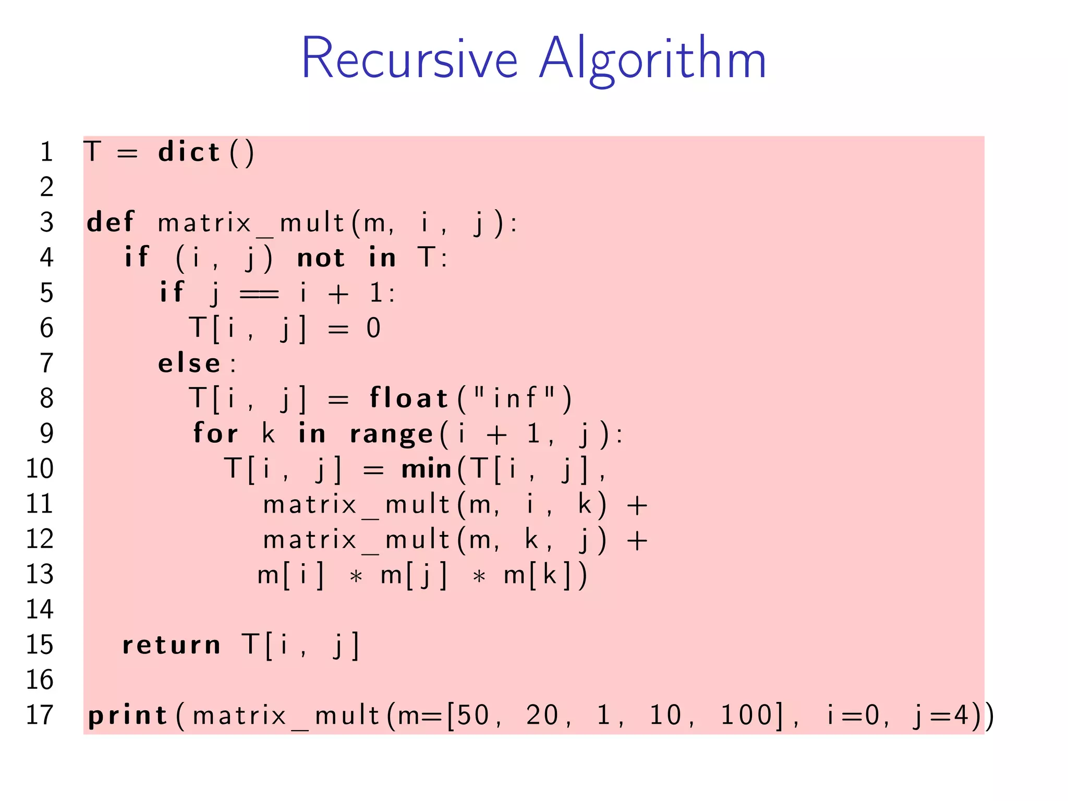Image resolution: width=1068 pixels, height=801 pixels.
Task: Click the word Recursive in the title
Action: [x=409, y=58]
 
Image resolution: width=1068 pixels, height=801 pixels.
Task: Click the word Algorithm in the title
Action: [x=652, y=60]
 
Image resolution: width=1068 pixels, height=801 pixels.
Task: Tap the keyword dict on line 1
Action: [x=189, y=152]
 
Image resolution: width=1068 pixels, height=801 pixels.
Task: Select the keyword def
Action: [x=111, y=222]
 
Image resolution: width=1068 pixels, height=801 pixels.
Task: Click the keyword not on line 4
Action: [x=321, y=258]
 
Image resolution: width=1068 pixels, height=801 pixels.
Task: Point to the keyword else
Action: [x=189, y=363]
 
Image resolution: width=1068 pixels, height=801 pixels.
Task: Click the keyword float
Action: [x=409, y=398]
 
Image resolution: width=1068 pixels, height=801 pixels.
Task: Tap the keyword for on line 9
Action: [x=215, y=433]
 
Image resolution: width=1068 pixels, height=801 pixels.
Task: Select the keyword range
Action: [x=391, y=434]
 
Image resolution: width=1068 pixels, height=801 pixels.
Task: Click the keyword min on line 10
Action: [x=426, y=469]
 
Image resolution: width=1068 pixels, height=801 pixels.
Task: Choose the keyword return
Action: [x=171, y=645]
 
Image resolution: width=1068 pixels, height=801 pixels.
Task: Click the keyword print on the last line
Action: [x=127, y=715]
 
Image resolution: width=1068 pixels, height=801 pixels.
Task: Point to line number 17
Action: [x=40, y=715]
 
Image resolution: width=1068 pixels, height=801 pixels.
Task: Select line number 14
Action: [x=40, y=610]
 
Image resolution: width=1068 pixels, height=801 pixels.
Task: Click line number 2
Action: [x=46, y=187]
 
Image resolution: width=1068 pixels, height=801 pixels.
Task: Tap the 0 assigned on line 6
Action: [x=373, y=329]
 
